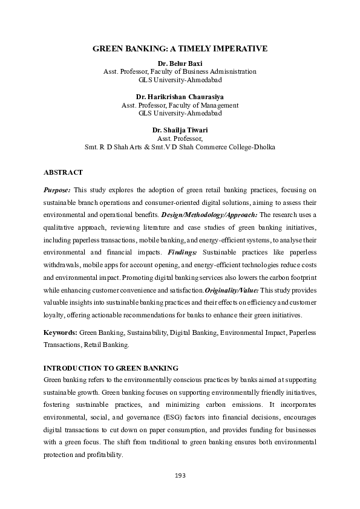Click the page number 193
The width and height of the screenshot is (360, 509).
[x=180, y=476]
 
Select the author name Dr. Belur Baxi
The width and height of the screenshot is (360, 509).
[x=180, y=63]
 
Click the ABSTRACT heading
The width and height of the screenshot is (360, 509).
[x=63, y=172]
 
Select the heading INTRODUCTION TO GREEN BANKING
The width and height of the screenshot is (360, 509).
[x=110, y=368]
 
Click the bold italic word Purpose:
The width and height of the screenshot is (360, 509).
[x=57, y=189]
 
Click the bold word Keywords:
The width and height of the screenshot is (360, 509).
[x=61, y=332]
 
